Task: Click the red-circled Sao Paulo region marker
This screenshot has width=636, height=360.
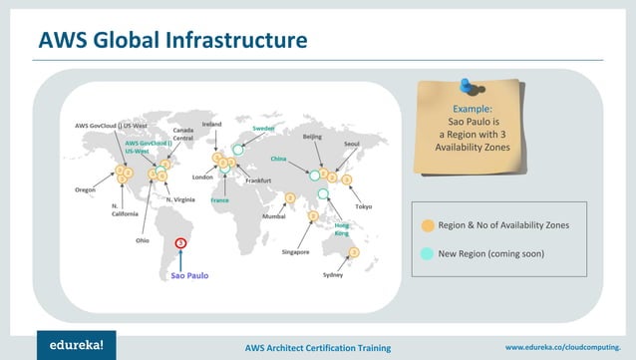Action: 180,241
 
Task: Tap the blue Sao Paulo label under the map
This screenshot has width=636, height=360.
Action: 189,274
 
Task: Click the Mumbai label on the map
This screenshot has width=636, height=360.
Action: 273,215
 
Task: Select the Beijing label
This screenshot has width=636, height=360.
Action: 311,135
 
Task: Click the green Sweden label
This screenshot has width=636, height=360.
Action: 263,129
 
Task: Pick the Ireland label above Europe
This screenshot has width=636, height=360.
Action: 212,125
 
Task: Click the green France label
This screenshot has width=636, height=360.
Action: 220,200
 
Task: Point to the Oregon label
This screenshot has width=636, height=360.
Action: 86,189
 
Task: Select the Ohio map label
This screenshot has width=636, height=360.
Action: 130,240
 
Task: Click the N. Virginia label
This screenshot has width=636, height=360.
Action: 182,199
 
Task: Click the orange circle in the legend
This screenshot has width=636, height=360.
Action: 428,225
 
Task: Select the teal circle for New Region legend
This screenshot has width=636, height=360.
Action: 428,253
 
